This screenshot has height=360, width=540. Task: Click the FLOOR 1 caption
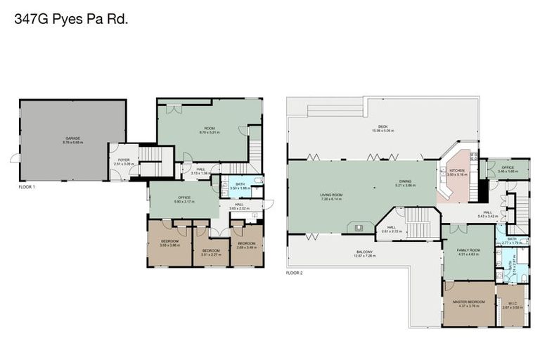click(27, 187)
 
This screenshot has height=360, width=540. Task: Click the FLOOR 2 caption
click(294, 272)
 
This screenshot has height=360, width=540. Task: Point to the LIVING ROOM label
click(331, 197)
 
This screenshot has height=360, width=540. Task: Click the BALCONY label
click(364, 253)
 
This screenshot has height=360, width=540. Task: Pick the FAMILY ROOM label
click(468, 252)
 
